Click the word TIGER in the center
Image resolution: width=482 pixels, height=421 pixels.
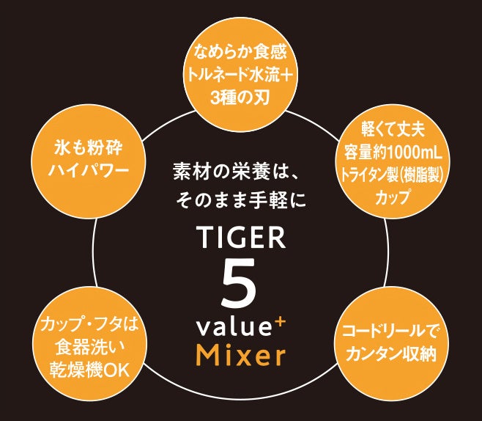(x=241, y=238)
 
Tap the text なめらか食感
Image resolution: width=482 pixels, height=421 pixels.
(x=241, y=52)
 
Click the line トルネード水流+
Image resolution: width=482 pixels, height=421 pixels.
(x=241, y=74)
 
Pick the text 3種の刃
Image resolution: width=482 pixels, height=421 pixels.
(x=241, y=96)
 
